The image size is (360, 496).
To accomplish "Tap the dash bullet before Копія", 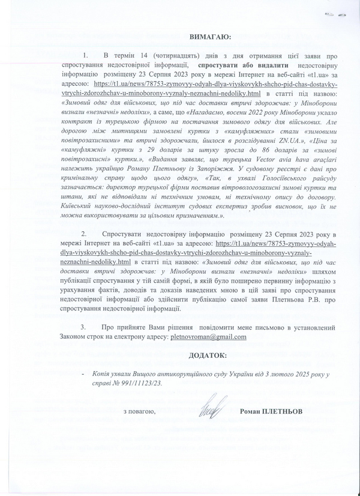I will [x=82, y=374].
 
